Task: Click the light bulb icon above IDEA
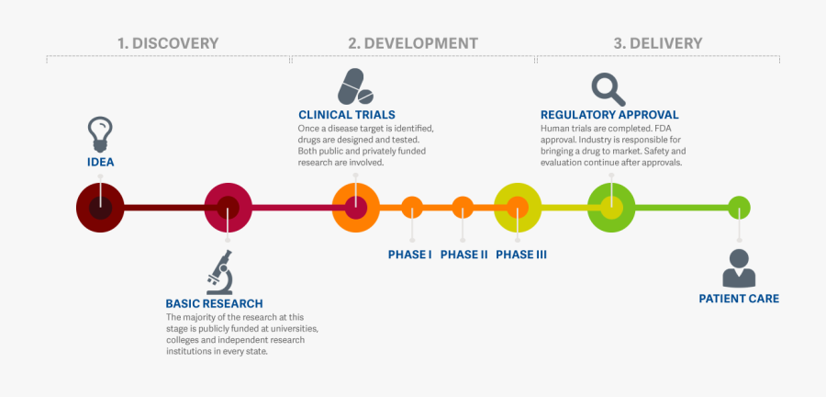tap(100, 134)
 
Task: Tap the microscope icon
tap(220, 272)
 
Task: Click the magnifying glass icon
tap(607, 89)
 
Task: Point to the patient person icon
tap(739, 268)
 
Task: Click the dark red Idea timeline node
tap(100, 207)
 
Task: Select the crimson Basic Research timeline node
tap(228, 207)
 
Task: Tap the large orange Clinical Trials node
tap(356, 207)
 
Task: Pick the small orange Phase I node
tap(412, 208)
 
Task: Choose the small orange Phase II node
tap(463, 208)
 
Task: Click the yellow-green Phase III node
tap(519, 207)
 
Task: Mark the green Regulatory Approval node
tap(611, 207)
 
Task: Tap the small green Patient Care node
tap(739, 208)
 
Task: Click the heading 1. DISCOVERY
tap(168, 43)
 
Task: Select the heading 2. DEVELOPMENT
tap(413, 43)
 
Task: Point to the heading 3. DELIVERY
tap(658, 43)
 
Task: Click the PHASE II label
tap(463, 255)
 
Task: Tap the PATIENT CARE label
tap(739, 299)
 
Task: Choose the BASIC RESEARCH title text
tap(214, 303)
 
